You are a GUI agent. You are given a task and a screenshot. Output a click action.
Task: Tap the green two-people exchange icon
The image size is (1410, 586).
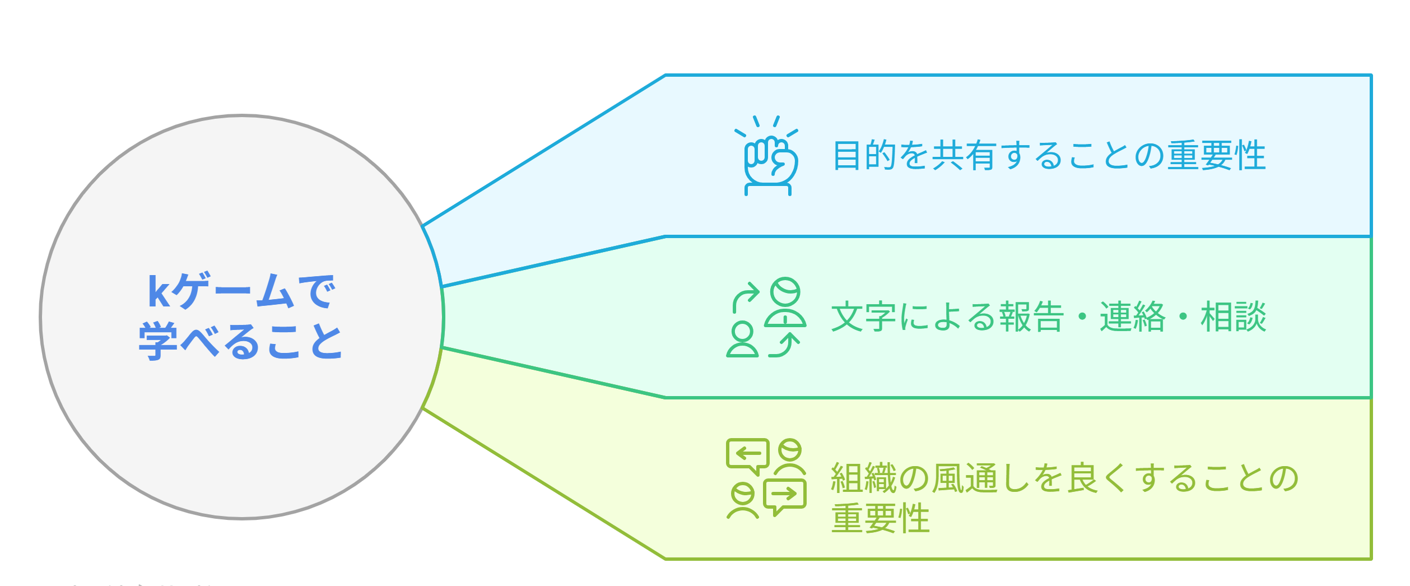pyautogui.click(x=766, y=318)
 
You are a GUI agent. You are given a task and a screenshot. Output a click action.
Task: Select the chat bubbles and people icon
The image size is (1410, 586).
pyautogui.click(x=766, y=478)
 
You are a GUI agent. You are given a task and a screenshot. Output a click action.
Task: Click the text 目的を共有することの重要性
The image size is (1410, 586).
pyautogui.click(x=1049, y=156)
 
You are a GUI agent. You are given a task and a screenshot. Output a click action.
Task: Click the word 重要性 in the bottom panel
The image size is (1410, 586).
pyautogui.click(x=880, y=519)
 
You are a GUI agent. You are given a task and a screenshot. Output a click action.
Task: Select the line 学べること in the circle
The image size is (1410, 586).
pyautogui.click(x=241, y=340)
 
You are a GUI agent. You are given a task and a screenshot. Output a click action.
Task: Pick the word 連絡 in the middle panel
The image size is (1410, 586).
pyautogui.click(x=1132, y=317)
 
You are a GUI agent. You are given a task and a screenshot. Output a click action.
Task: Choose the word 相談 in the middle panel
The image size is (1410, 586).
pyautogui.click(x=1233, y=317)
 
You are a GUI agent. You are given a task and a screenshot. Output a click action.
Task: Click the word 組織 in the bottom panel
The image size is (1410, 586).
pyautogui.click(x=863, y=478)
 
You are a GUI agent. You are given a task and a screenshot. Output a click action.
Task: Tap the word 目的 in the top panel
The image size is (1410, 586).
pyautogui.click(x=865, y=156)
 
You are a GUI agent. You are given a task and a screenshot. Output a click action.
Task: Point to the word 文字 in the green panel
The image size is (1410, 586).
pyautogui.click(x=863, y=317)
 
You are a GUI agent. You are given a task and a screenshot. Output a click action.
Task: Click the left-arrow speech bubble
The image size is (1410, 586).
pyautogui.click(x=748, y=455)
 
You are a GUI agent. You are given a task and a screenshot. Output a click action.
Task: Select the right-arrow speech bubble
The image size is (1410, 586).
pyautogui.click(x=785, y=496)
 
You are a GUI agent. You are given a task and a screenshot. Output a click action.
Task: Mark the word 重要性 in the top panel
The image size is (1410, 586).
pyautogui.click(x=1217, y=156)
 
